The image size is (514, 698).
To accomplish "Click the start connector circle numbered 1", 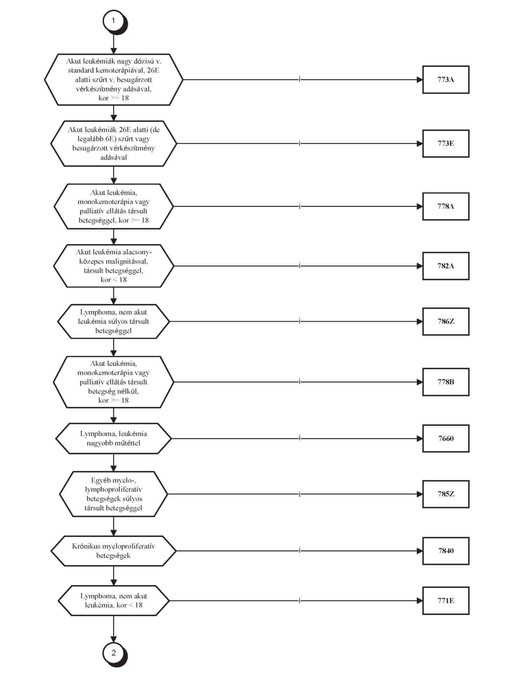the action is point(113,21).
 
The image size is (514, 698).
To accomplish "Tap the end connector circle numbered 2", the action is point(114,653).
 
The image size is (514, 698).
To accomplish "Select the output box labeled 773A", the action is point(446,80).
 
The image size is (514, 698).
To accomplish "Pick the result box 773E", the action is point(446,144).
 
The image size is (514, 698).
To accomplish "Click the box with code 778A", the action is point(446,207).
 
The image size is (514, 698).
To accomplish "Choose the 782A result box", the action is point(446,266).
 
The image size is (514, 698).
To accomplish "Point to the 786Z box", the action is point(446,322).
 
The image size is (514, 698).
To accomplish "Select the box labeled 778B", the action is point(446,382).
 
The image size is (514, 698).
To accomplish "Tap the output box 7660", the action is point(446,439).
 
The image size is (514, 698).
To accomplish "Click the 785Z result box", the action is point(446,494).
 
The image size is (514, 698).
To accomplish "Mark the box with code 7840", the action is point(446,551).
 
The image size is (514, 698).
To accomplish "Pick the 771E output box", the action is point(446,601).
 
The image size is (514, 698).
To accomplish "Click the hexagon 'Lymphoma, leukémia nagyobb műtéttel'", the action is point(114,439).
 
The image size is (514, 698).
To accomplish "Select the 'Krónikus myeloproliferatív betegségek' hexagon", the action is point(114,551).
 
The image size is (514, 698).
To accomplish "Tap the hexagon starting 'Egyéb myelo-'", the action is point(114,494).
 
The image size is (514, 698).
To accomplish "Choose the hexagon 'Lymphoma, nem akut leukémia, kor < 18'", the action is point(114,601).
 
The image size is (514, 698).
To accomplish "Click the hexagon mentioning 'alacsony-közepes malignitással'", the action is point(114,266).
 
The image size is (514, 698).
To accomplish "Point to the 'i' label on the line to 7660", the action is point(299,438).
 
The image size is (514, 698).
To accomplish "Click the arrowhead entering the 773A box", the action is point(420,80).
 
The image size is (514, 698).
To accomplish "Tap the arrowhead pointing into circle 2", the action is point(114,639).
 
